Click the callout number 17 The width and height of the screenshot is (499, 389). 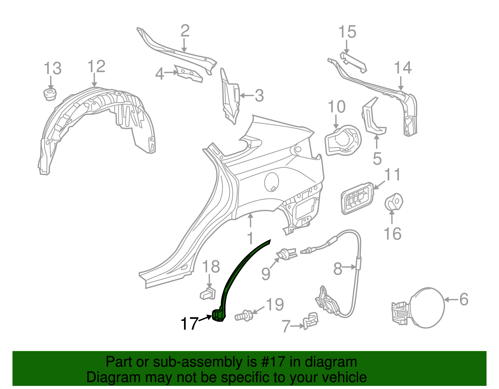tap(189, 324)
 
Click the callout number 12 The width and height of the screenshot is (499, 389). tap(96, 66)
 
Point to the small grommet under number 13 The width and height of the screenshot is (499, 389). tap(50, 94)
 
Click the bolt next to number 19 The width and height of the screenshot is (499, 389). tap(244, 315)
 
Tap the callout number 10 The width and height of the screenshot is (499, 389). tap(337, 107)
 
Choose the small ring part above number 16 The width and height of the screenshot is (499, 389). tap(394, 202)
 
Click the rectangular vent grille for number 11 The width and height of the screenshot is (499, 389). tap(357, 199)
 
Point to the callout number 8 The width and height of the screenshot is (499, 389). tap(338, 268)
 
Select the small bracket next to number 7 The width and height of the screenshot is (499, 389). tap(310, 321)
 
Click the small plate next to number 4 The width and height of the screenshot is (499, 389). tap(189, 74)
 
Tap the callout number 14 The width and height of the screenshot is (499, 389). tap(403, 68)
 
